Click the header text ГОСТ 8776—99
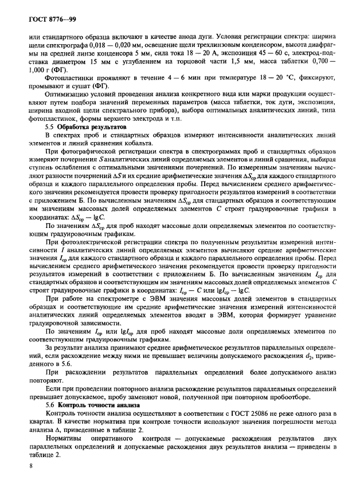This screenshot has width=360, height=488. tap(45, 19)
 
